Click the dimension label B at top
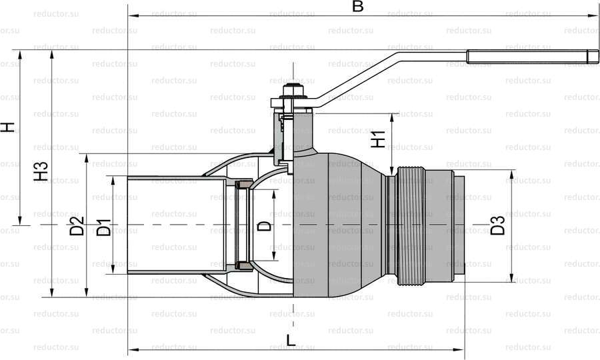point(357,7)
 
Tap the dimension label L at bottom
point(291,340)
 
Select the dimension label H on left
point(7,127)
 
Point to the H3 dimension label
point(41,171)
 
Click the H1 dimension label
point(379,139)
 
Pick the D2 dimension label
point(77,226)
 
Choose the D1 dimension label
point(104,227)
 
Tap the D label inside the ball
point(263,226)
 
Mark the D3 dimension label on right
point(498,225)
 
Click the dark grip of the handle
point(532,57)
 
